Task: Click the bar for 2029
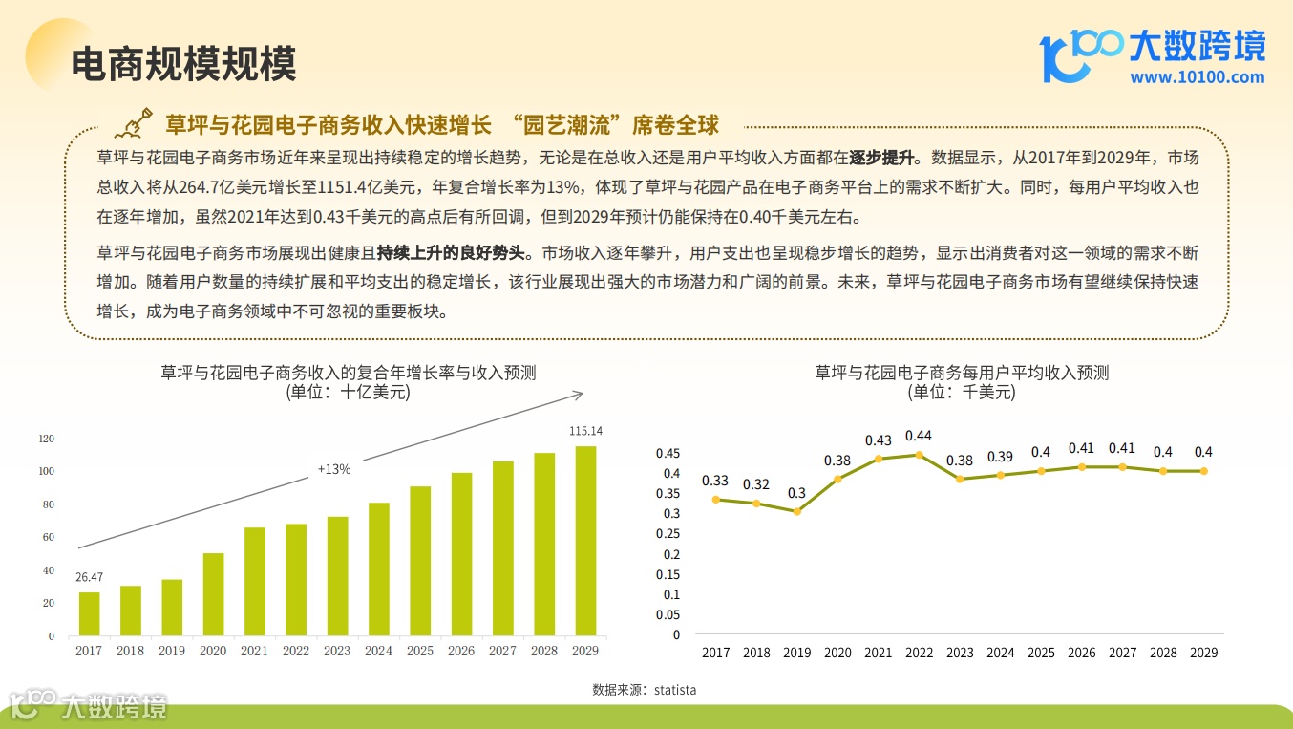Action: click(585, 541)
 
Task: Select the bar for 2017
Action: click(89, 613)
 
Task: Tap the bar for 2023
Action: click(337, 576)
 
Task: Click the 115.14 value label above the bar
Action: click(585, 431)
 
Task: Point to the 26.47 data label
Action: click(89, 577)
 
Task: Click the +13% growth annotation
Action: click(334, 469)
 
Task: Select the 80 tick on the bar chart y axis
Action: click(47, 504)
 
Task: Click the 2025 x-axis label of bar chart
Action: click(420, 651)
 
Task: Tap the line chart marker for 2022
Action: click(919, 455)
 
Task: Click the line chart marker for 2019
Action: click(796, 511)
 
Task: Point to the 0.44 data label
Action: click(919, 436)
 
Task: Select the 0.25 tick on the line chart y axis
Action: click(669, 534)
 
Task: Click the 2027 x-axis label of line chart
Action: click(1122, 653)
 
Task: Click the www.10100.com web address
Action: click(1197, 77)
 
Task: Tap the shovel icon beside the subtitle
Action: click(135, 124)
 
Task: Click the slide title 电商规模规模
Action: click(183, 63)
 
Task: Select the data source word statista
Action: click(675, 689)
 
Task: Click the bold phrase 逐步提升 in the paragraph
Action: click(882, 158)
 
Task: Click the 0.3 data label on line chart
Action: click(796, 493)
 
